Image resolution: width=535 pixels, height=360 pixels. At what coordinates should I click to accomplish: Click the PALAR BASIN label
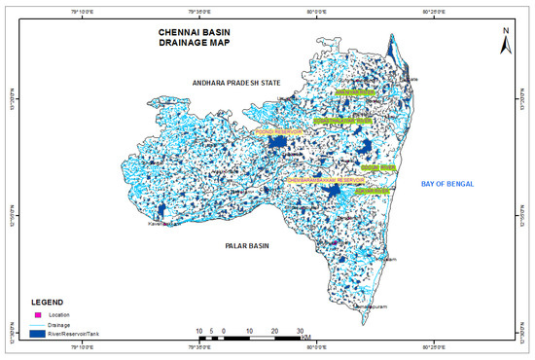click(x=241, y=247)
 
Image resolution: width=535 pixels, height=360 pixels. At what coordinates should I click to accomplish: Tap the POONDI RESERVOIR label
click(x=280, y=130)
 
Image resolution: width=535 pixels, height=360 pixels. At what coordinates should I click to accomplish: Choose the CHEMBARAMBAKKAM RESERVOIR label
click(x=324, y=181)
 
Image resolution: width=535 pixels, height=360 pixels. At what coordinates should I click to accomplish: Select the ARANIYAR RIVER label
click(x=355, y=93)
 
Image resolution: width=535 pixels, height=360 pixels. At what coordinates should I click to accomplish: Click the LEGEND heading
click(x=50, y=302)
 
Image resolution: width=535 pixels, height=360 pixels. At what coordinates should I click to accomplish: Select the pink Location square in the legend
click(x=38, y=315)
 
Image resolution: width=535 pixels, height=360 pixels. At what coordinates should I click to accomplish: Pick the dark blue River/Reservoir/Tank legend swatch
click(x=40, y=335)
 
